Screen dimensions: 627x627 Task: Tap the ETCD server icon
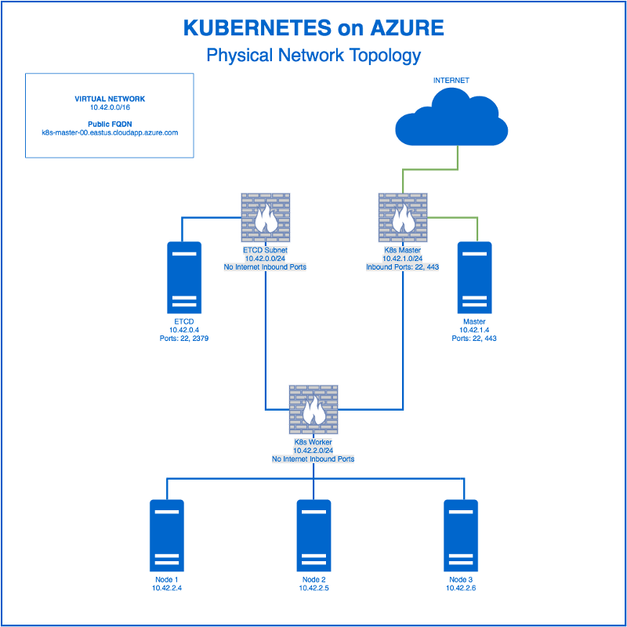[184, 277]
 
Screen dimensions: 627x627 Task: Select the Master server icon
[474, 277]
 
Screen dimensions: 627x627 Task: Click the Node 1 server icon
[166, 535]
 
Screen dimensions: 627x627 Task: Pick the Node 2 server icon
[313, 535]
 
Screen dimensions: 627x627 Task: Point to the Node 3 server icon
[460, 535]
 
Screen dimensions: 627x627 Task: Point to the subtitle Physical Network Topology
[313, 56]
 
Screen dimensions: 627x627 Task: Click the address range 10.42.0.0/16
[110, 108]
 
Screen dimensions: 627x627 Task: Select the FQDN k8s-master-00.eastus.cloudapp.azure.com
[110, 132]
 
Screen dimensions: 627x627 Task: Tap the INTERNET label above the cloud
[451, 81]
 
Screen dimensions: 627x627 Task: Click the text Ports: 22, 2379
[183, 339]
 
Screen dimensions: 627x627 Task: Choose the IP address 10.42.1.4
[474, 330]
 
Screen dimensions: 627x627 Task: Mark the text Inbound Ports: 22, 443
[403, 267]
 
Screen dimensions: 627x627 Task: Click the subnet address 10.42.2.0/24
[313, 451]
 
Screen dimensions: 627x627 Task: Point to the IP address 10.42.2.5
[313, 587]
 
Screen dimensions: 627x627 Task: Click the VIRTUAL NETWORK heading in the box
[110, 100]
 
